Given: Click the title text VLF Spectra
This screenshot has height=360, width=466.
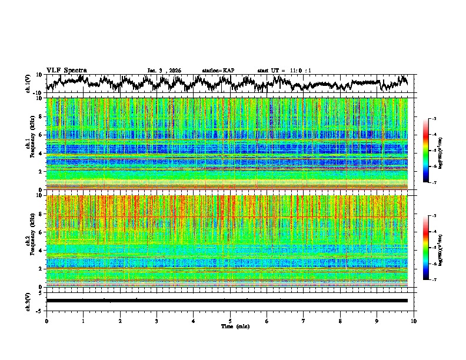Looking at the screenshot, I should (x=66, y=70).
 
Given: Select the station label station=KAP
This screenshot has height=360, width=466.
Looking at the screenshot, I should (x=218, y=71).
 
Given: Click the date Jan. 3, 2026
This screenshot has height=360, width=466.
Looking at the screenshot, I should (x=164, y=71).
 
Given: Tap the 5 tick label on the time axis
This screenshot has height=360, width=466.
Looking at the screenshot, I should (x=230, y=321).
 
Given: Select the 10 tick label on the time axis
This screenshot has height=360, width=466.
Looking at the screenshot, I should (x=414, y=321).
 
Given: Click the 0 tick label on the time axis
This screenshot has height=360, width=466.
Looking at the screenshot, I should (x=46, y=321).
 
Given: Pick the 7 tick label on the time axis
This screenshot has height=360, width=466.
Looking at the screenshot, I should (x=304, y=321).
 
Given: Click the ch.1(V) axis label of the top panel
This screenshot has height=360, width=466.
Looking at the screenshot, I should (x=28, y=83).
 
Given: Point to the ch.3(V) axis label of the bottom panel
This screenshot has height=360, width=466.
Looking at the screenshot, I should (x=28, y=301).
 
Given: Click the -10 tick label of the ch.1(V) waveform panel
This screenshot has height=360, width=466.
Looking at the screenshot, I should (x=37, y=93).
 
